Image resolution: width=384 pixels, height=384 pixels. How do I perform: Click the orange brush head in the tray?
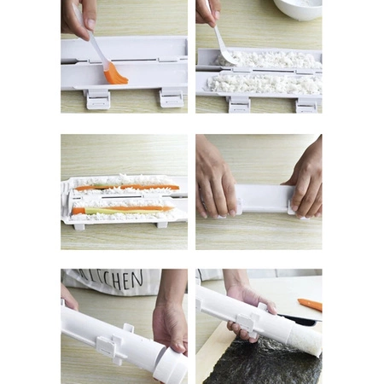tap(114, 75)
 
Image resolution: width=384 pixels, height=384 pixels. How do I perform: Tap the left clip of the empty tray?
tap(98, 98)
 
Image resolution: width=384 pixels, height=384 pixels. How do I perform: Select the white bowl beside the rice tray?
tap(295, 9)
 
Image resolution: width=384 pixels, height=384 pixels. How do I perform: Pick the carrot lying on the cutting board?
tap(310, 304)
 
